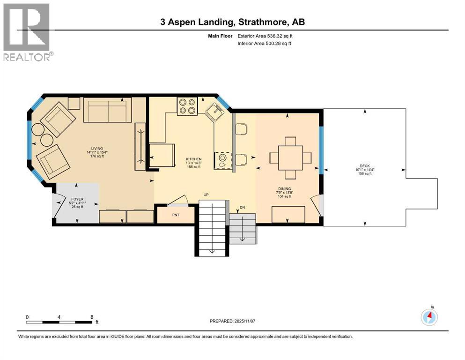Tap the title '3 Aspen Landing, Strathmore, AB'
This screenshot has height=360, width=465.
tap(232, 22)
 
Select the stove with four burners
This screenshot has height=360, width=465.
tap(187, 106)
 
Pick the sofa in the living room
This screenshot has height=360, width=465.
tap(108, 110)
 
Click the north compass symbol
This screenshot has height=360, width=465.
tap(429, 317)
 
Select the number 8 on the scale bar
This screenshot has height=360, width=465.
tap(91, 317)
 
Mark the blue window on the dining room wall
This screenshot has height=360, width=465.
tap(321, 150)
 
